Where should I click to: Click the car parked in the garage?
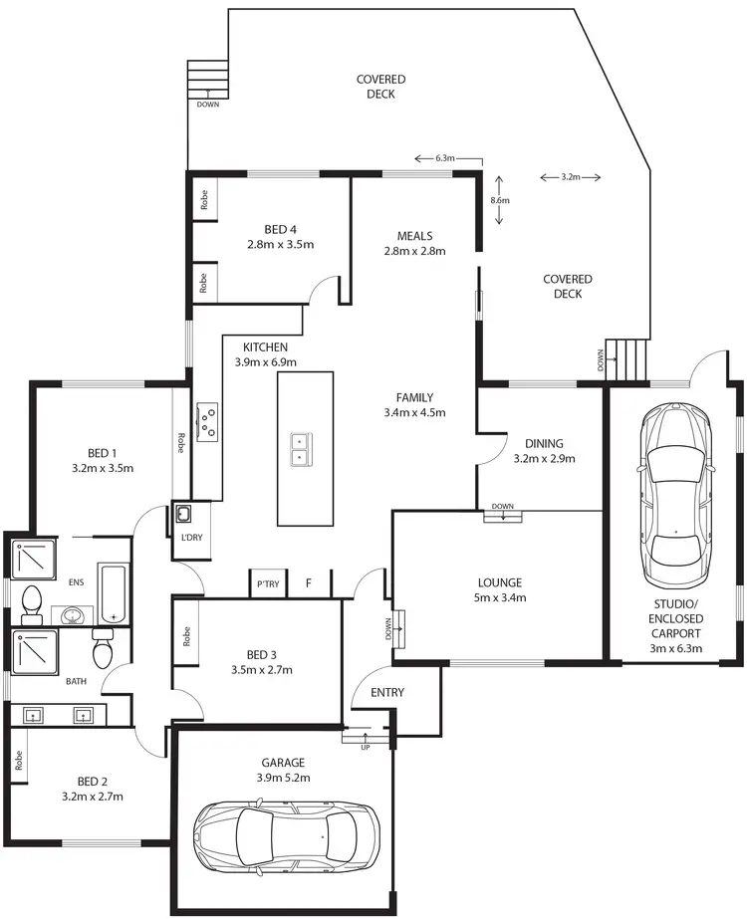pos(286,839)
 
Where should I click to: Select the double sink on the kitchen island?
pos(298,449)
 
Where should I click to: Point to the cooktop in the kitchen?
pos(208,421)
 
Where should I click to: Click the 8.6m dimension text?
pos(500,200)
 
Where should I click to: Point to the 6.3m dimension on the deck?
pos(444,158)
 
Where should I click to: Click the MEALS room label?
pos(414,236)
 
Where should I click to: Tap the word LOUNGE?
pos(499,582)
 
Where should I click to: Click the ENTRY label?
pos(386,692)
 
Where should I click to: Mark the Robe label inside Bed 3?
pos(188,636)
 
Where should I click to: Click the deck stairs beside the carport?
pos(626,359)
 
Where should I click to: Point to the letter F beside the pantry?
pos(309,584)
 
